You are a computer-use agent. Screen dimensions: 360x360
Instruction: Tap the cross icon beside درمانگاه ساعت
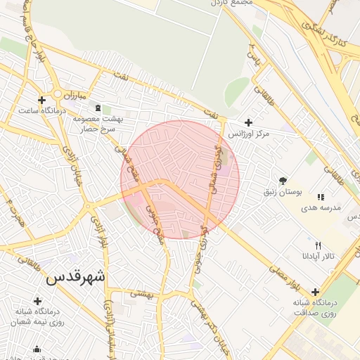[42, 100]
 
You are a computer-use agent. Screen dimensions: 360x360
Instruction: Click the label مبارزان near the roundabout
[71, 94]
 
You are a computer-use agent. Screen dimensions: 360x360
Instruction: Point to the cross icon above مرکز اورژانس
[247, 122]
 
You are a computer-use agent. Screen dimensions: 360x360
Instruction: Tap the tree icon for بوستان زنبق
[283, 181]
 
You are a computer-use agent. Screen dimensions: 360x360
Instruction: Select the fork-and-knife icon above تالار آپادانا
[319, 245]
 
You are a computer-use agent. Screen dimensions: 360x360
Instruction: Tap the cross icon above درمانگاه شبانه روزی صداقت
[315, 292]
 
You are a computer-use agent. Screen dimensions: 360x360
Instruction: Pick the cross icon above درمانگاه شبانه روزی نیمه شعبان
[37, 301]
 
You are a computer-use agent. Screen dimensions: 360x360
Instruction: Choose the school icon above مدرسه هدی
[321, 197]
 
